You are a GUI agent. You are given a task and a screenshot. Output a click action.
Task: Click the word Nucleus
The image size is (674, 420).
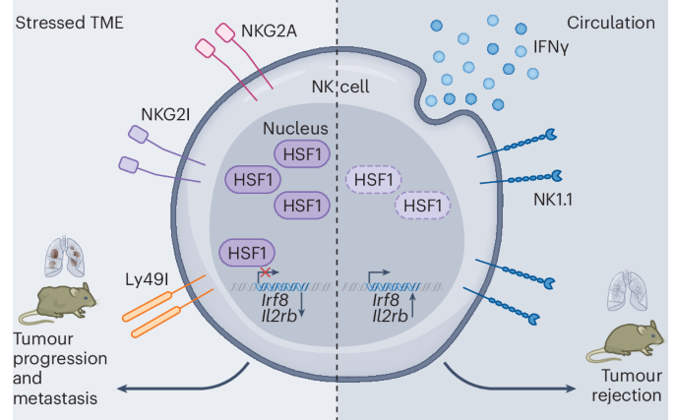[x=296, y=130]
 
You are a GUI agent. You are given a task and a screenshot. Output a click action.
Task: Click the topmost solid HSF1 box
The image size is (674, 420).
[x=296, y=155]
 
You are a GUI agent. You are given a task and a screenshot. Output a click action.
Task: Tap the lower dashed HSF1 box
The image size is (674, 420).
[x=423, y=205]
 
